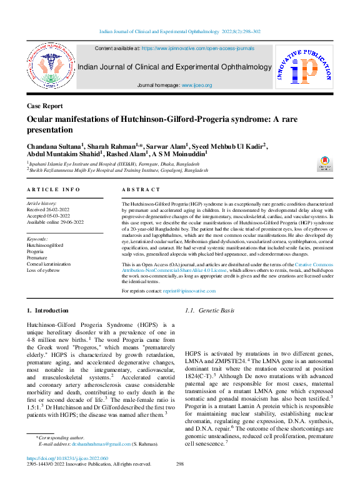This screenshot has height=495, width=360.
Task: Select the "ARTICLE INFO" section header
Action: click(x=53, y=189)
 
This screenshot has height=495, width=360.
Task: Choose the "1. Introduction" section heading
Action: click(x=47, y=311)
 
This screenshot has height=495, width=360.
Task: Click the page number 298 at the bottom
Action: click(x=180, y=464)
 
